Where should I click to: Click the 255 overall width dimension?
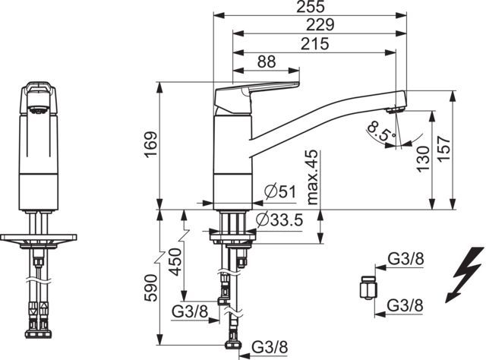[x=311, y=7]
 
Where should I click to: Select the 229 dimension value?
[x=320, y=25]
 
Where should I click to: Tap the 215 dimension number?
[x=315, y=44]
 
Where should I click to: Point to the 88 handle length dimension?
[x=267, y=62]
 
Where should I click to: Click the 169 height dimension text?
[x=152, y=144]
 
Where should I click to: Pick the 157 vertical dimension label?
[x=444, y=148]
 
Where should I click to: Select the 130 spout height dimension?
[x=423, y=159]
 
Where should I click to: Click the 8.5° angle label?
[x=381, y=131]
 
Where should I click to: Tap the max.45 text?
[x=312, y=177]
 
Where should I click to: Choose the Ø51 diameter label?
[x=280, y=192]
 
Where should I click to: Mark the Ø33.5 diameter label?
[x=279, y=220]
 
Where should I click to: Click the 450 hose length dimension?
[x=175, y=262]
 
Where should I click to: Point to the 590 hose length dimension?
[x=152, y=288]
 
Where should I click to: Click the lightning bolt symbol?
[x=465, y=275]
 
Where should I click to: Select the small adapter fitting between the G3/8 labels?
[x=368, y=288]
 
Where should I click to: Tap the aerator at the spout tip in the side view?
[x=396, y=110]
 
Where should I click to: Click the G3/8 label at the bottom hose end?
[x=270, y=347]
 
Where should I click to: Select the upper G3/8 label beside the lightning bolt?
[x=406, y=259]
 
